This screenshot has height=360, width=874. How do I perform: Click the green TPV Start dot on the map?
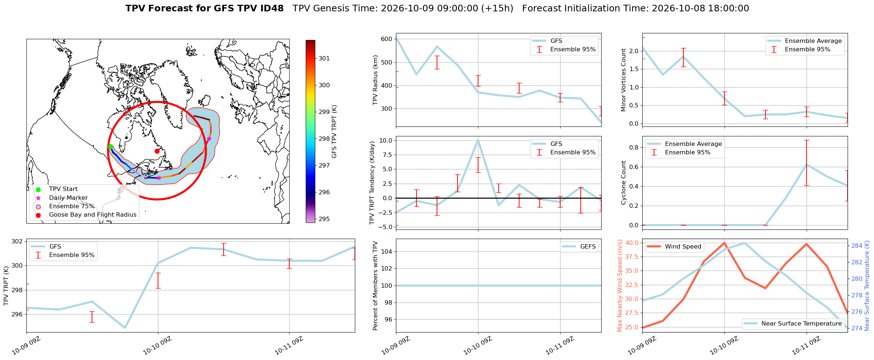pos(110,147)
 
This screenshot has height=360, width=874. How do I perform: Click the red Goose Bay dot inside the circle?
pos(157,151)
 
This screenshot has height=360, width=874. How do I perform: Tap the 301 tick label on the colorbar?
pos(324,58)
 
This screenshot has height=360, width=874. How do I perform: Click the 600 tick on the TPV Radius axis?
pos(387,39)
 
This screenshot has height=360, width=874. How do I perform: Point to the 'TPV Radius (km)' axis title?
pos(375,80)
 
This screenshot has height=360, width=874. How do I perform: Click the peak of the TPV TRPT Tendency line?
pos(478,140)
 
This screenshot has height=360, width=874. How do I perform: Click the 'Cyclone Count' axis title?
pos(624,183)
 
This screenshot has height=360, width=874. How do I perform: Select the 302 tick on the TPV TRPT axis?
pos(17,241)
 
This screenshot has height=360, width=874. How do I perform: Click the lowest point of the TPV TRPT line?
pos(125,328)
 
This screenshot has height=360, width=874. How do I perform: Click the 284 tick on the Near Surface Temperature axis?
pos(857,246)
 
